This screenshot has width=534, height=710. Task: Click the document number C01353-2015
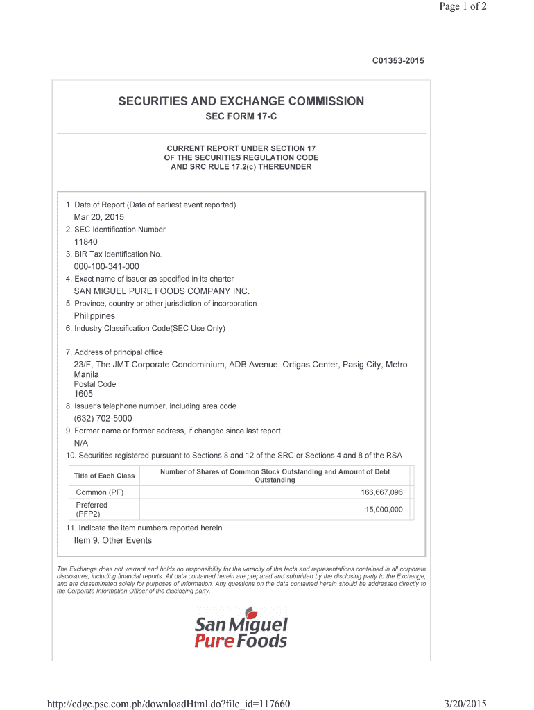pyautogui.click(x=398, y=61)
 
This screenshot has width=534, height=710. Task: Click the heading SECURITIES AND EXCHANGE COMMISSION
pyautogui.click(x=241, y=102)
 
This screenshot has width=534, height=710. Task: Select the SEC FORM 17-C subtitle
pyautogui.click(x=241, y=116)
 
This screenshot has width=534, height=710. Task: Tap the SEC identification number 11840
pyautogui.click(x=86, y=242)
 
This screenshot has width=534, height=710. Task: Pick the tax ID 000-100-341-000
pyautogui.click(x=106, y=266)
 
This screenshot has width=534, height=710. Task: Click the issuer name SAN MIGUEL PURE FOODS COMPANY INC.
pyautogui.click(x=161, y=291)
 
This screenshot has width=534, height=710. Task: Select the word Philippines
pyautogui.click(x=94, y=316)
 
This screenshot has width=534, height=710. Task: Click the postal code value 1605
pyautogui.click(x=83, y=394)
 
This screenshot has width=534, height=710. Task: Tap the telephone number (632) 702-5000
pyautogui.click(x=103, y=419)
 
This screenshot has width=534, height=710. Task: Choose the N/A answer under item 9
pyautogui.click(x=81, y=443)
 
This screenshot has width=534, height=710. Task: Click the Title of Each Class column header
pyautogui.click(x=104, y=476)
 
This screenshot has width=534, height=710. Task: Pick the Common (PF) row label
pyautogui.click(x=100, y=492)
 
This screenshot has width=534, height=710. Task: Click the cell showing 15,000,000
pyautogui.click(x=384, y=510)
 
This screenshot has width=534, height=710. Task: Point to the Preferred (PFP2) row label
pyautogui.click(x=92, y=510)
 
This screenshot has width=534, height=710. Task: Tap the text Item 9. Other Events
pyautogui.click(x=112, y=540)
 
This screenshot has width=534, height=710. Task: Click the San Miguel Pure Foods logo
pyautogui.click(x=241, y=631)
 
